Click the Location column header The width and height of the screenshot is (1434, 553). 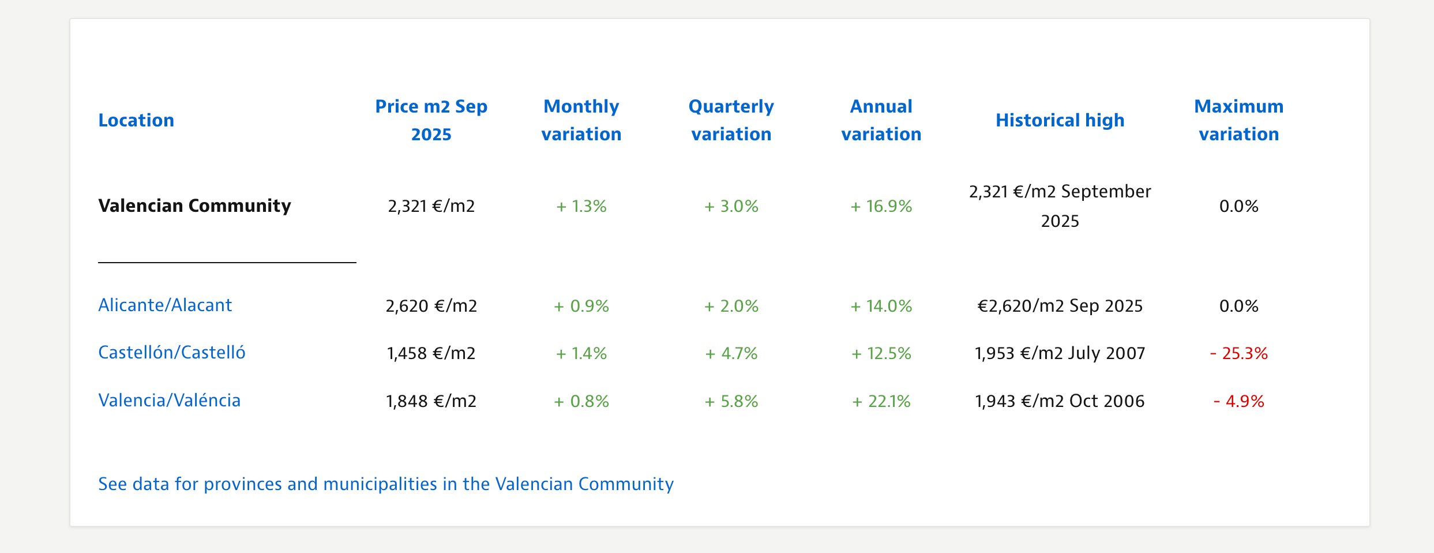tap(136, 120)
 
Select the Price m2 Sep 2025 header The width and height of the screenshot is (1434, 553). tap(431, 120)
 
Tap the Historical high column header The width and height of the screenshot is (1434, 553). tap(1060, 120)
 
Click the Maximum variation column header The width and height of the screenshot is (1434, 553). tap(1238, 120)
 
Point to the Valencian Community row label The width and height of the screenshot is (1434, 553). tap(194, 205)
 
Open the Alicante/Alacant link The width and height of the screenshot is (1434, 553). tap(165, 305)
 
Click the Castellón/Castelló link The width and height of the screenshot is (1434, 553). tap(172, 352)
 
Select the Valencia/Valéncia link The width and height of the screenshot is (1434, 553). tap(170, 400)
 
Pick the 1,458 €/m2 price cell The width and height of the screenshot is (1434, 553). tap(431, 353)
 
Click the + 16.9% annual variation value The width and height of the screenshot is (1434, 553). tap(881, 206)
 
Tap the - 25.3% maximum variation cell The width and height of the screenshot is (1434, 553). tap(1238, 353)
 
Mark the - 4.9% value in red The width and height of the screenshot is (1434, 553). tap(1238, 401)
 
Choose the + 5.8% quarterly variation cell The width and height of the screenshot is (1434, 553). tap(731, 401)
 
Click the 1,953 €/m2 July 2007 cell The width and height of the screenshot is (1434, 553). tap(1060, 353)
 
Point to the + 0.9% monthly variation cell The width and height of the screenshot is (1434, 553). tap(581, 305)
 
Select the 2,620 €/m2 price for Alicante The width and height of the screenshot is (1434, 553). tap(431, 305)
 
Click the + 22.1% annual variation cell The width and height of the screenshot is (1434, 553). tap(881, 401)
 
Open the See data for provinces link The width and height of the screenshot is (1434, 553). tap(385, 484)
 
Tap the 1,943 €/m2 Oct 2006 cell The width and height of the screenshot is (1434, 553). tap(1060, 401)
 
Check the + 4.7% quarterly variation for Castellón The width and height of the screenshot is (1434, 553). tap(731, 353)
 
